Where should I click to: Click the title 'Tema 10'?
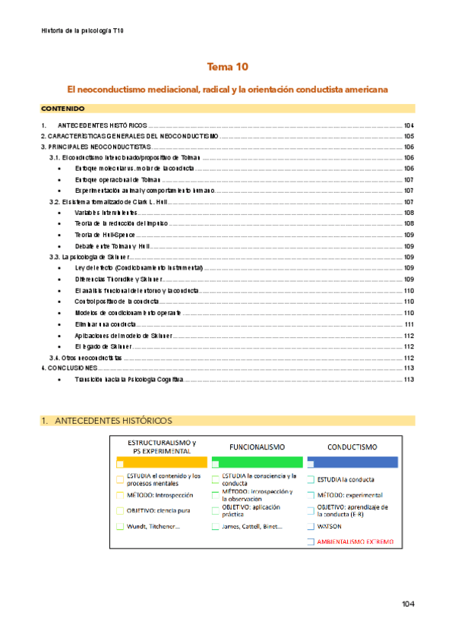point(227,67)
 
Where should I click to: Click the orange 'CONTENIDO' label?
point(62,109)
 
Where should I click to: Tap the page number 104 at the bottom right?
point(408,604)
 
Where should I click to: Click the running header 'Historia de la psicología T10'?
point(81,30)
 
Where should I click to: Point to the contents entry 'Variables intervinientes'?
point(106,213)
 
